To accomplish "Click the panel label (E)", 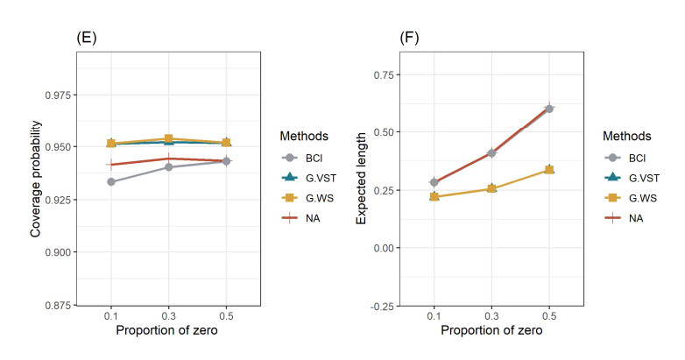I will (87, 38).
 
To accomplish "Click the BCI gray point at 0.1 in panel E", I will (111, 181).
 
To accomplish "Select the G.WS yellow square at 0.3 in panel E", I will (169, 139).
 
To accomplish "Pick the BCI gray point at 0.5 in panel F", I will (549, 109).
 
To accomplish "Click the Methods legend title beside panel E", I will (304, 137).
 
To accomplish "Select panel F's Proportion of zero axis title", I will (491, 331).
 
